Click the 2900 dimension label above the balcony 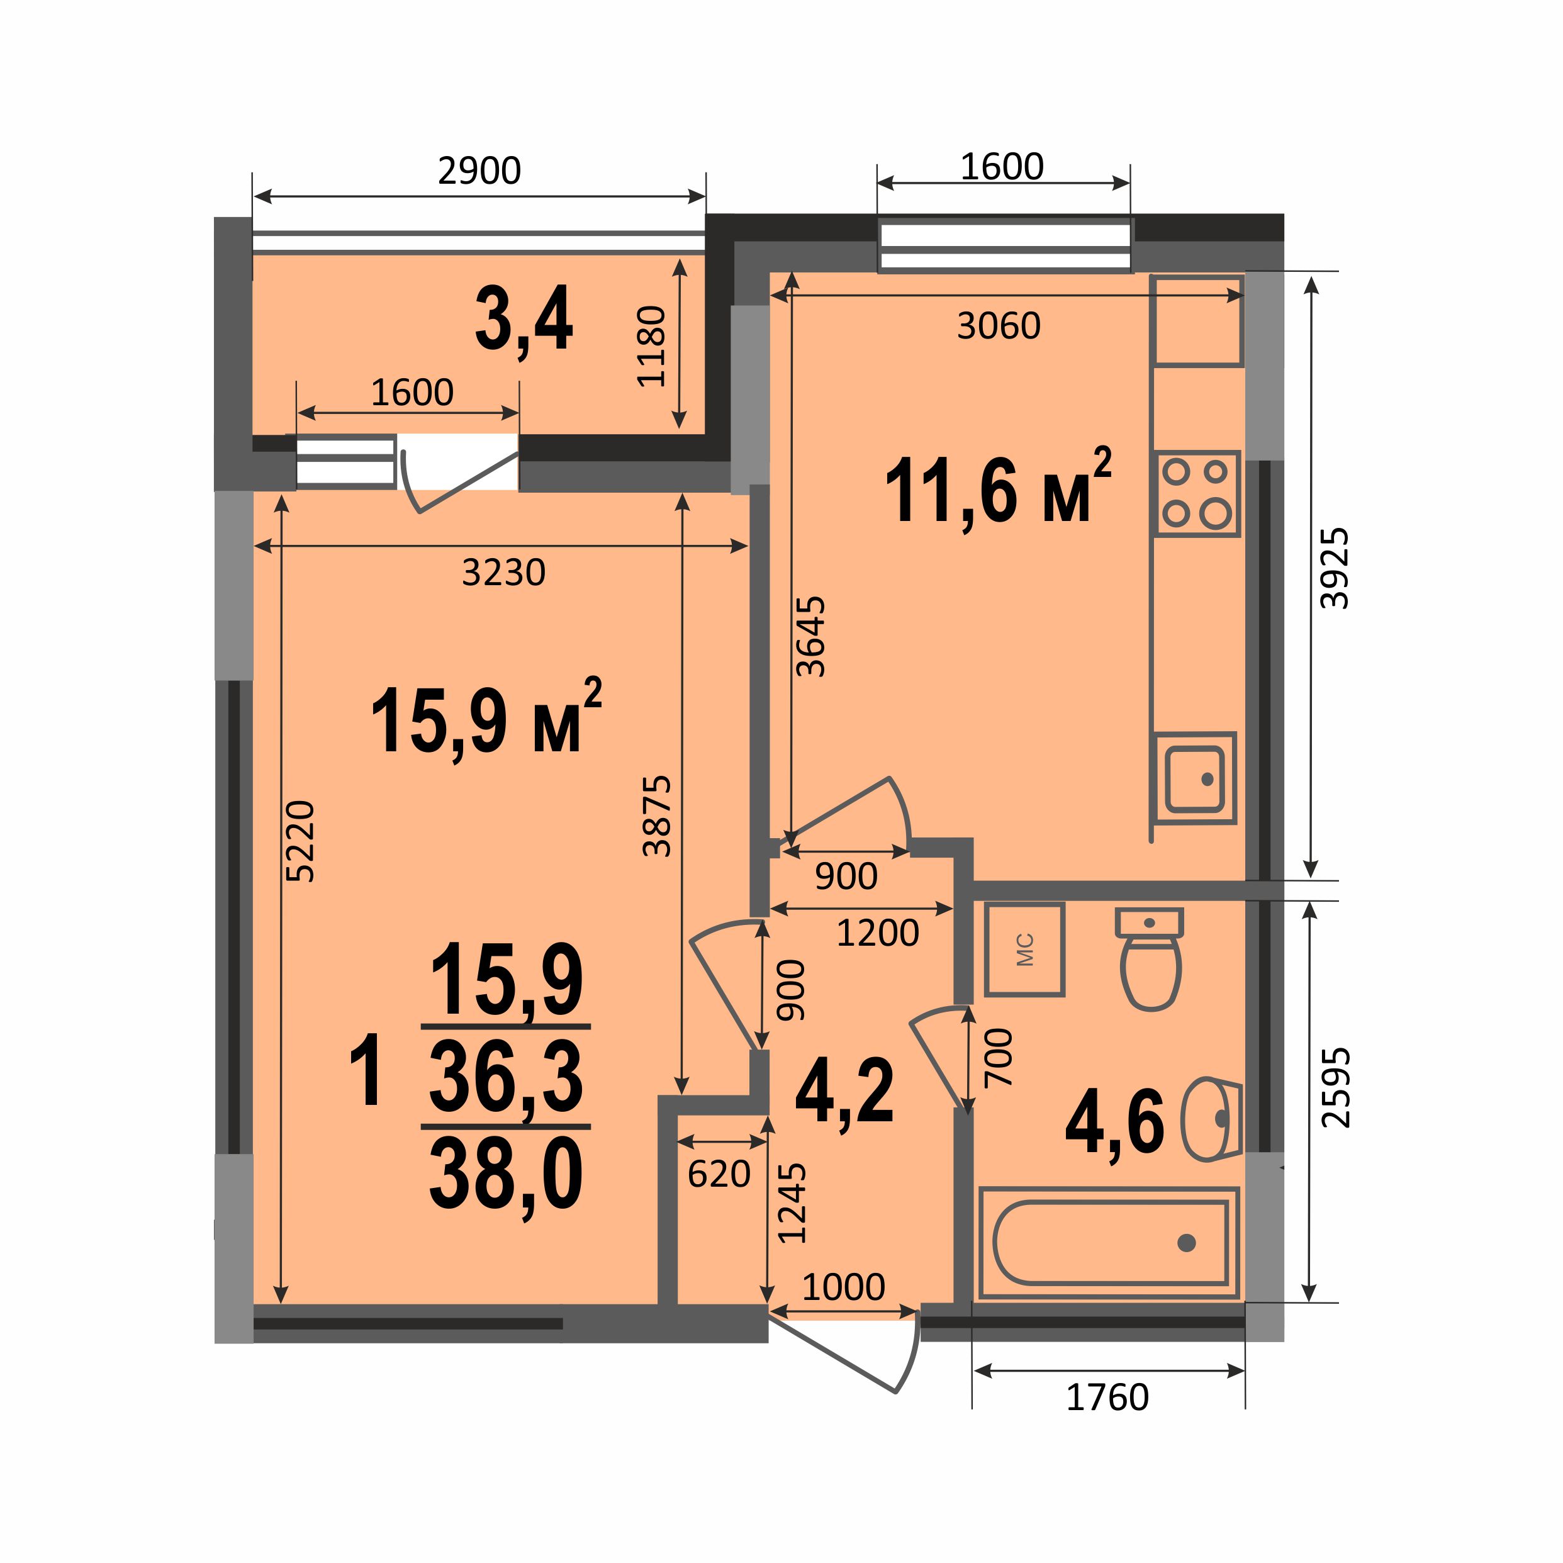(479, 171)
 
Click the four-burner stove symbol (1197, 493)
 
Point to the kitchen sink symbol (1195, 778)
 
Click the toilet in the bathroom (1150, 959)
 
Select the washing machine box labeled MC (1024, 950)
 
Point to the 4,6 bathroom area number (1115, 1123)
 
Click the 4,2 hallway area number (844, 1090)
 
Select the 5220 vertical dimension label (300, 841)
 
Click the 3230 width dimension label (504, 573)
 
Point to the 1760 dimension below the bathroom (1107, 1397)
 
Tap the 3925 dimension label (1335, 568)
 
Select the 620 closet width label (719, 1174)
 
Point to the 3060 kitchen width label (999, 326)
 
